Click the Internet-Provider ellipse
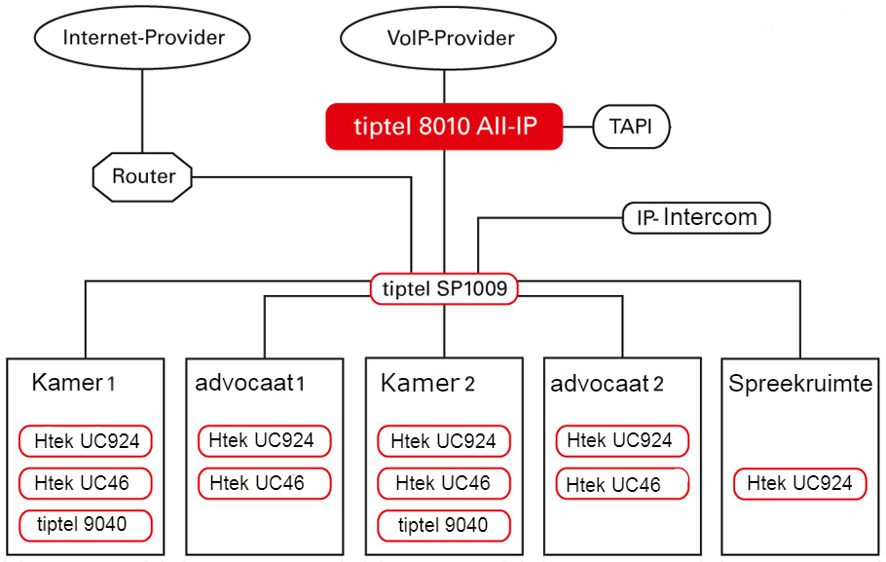pyautogui.click(x=142, y=37)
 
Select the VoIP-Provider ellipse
pyautogui.click(x=448, y=38)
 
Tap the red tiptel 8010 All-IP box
pyautogui.click(x=444, y=126)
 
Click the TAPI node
pyautogui.click(x=631, y=127)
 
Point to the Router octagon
pyautogui.click(x=142, y=176)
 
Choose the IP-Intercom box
pyautogui.click(x=696, y=217)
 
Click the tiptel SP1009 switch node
pyautogui.click(x=444, y=288)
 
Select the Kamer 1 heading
pyautogui.click(x=73, y=383)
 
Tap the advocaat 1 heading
pyautogui.click(x=250, y=383)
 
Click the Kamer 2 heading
pyautogui.click(x=427, y=383)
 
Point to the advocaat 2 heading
pyautogui.click(x=607, y=384)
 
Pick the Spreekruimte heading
pyautogui.click(x=800, y=384)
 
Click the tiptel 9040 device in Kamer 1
pyautogui.click(x=86, y=525)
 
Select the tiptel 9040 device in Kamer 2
pyautogui.click(x=444, y=525)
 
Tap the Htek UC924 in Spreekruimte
pyautogui.click(x=799, y=483)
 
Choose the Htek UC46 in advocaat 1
pyautogui.click(x=264, y=483)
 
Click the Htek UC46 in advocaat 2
pyautogui.click(x=622, y=484)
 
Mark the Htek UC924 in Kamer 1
pyautogui.click(x=86, y=441)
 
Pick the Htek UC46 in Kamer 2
pyautogui.click(x=444, y=483)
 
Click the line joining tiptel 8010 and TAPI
pyautogui.click(x=578, y=127)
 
